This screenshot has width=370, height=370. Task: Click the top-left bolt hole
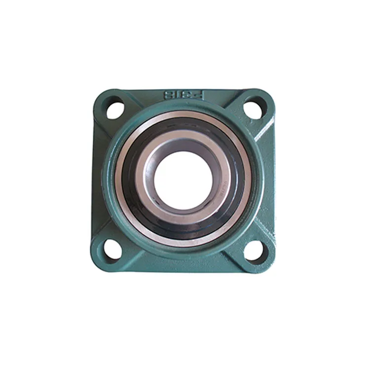pos(114,109)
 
